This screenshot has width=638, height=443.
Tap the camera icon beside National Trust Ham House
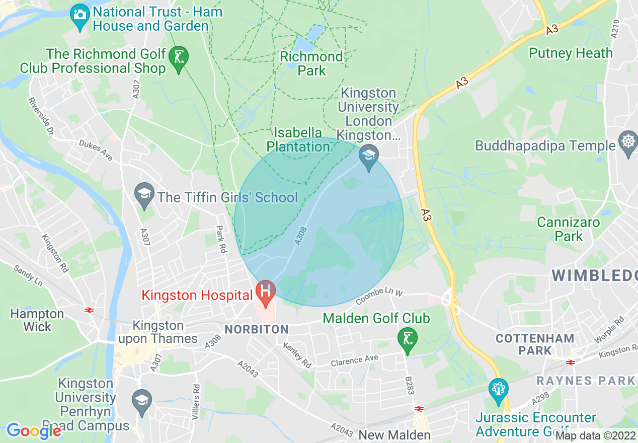pos(79,14)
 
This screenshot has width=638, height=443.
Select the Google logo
pos(34,430)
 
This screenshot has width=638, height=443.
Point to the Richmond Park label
pos(311,64)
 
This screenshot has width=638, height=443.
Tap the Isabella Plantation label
pos(298,140)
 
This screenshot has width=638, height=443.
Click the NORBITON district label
pos(257,330)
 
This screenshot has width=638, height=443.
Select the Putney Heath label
pos(571,53)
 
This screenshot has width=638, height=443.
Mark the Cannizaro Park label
pos(568,229)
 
